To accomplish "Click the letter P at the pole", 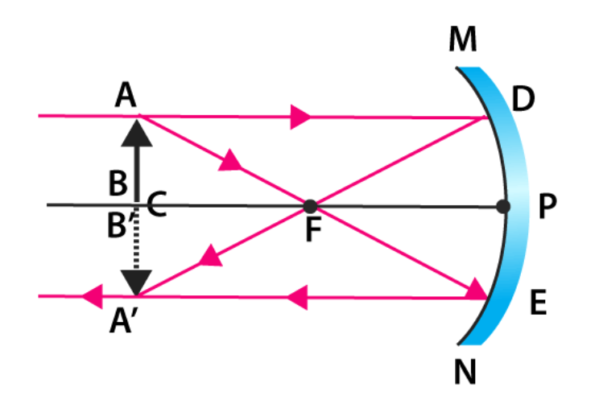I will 548,208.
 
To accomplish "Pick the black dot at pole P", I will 504,206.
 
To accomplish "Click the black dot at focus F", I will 310,206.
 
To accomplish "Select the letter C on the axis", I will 157,207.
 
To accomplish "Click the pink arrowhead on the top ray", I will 300,117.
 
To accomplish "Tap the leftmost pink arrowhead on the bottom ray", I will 93,297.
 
